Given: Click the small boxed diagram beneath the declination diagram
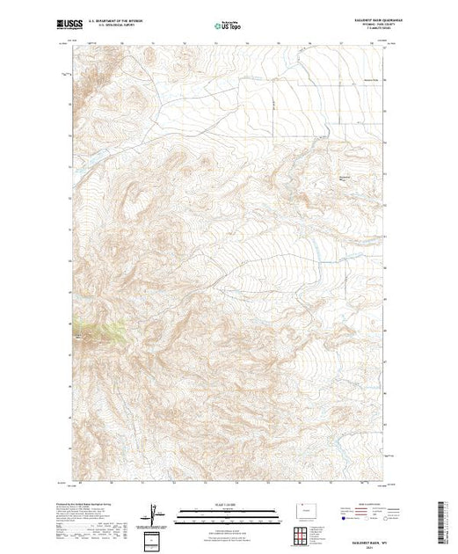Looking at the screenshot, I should pos(155,536).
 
